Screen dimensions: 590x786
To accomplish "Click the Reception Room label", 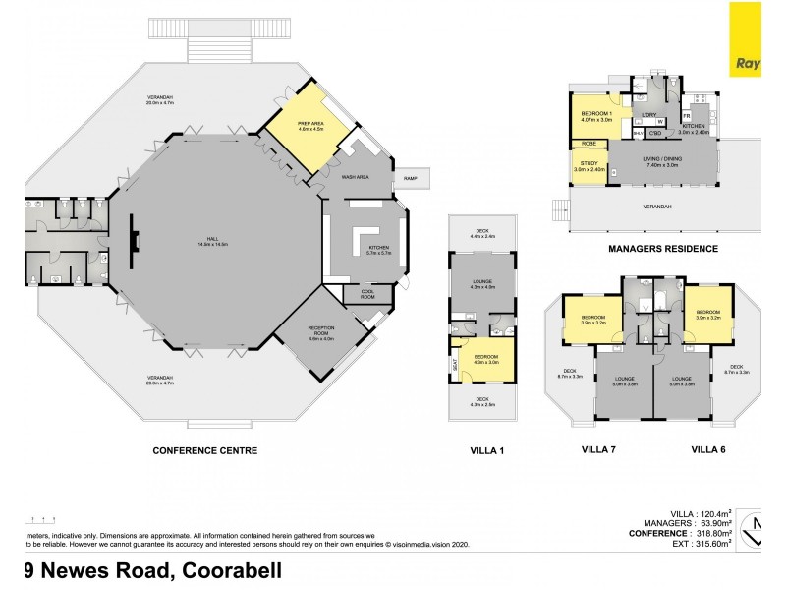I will coord(322,332).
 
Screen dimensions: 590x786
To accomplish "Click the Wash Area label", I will coord(354,178).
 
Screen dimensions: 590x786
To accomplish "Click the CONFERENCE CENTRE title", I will coord(204,451).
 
